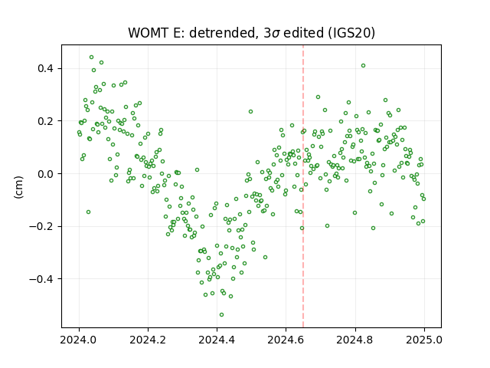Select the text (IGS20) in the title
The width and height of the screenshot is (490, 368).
[351, 33]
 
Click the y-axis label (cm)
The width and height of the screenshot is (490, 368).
[18, 187]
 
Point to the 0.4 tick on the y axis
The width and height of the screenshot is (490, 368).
[46, 68]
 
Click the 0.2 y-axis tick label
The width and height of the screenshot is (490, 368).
[46, 121]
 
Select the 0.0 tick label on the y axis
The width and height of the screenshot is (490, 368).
[46, 174]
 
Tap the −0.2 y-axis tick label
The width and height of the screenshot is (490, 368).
[41, 226]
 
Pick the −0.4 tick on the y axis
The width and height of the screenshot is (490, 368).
[41, 279]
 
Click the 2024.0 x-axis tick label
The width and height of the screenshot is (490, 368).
[79, 340]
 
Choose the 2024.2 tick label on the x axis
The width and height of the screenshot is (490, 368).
[148, 340]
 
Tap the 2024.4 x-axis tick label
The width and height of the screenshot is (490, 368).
[217, 340]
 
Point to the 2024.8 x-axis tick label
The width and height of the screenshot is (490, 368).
[355, 340]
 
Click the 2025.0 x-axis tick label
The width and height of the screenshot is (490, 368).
[424, 340]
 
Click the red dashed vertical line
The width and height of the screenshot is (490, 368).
[303, 186]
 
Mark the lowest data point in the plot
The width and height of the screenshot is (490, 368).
[221, 314]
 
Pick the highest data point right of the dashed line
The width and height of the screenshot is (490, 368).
[363, 65]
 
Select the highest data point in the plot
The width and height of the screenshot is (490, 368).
[92, 57]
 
